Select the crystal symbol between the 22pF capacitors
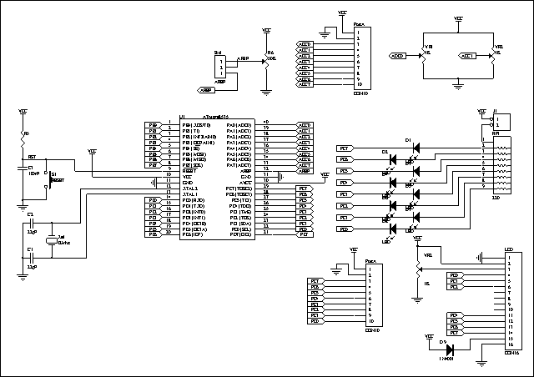click(x=52, y=239)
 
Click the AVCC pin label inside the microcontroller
click(x=245, y=182)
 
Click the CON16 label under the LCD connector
click(x=511, y=353)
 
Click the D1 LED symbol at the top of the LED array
click(x=416, y=148)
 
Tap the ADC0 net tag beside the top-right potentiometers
click(x=399, y=56)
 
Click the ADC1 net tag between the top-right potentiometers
click(x=468, y=56)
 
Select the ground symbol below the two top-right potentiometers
click(x=460, y=83)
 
